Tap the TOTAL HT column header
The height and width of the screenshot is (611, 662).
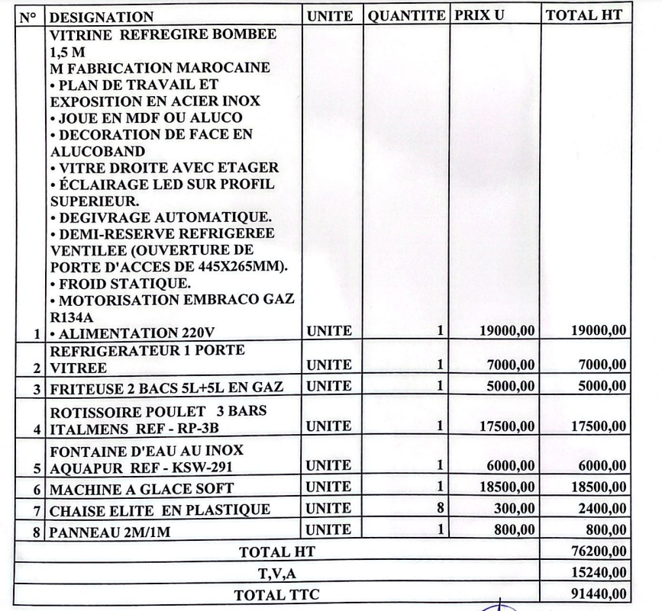[584, 16]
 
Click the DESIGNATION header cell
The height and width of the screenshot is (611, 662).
[101, 17]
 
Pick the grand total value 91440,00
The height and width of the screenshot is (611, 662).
[599, 593]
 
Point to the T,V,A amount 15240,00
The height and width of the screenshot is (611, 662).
[599, 572]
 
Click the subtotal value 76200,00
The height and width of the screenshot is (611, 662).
[599, 551]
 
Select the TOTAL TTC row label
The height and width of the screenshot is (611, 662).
[277, 595]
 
